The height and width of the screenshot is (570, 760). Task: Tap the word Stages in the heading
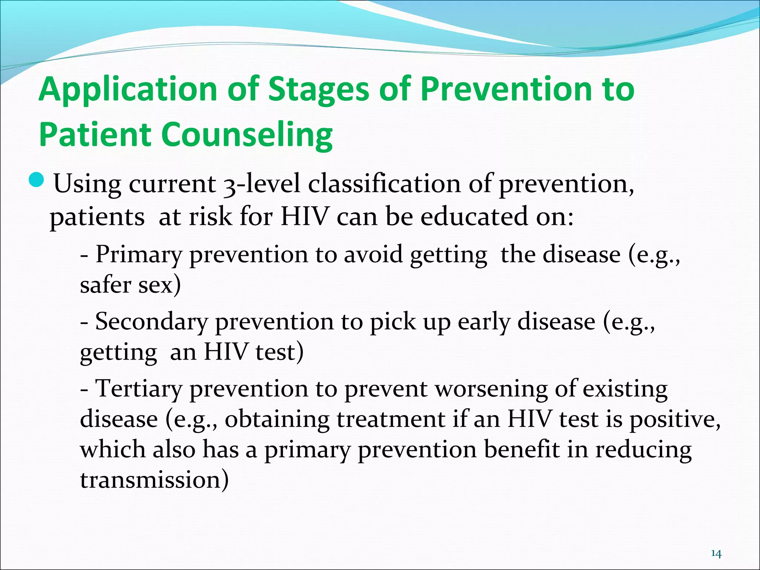click(318, 90)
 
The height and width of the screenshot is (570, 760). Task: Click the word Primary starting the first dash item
click(139, 255)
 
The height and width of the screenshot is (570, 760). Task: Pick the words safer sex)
click(130, 285)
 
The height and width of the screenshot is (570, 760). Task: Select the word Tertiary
click(139, 389)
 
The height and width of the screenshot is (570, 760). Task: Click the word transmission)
click(154, 479)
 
